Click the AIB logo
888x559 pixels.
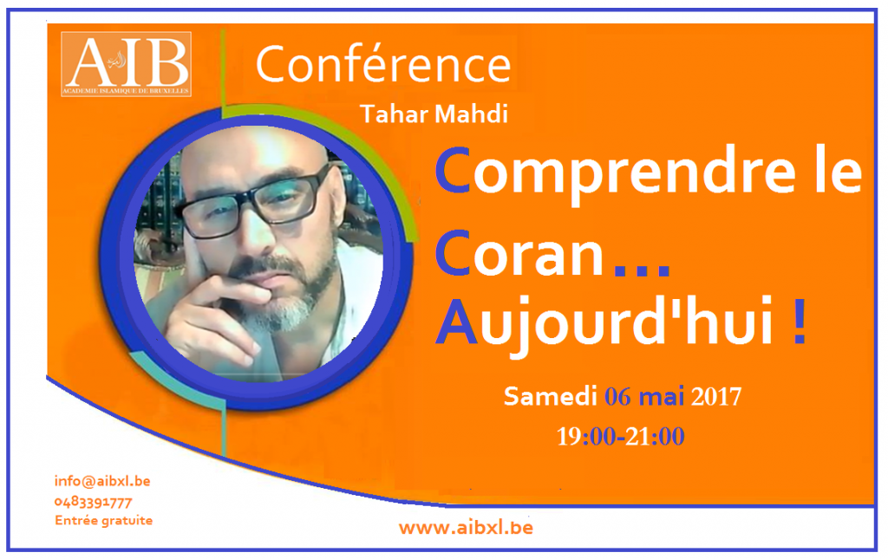[x=126, y=64]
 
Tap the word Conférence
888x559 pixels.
[x=383, y=64]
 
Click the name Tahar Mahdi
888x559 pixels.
[x=434, y=114]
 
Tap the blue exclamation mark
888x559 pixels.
[x=800, y=322]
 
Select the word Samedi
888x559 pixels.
[x=551, y=396]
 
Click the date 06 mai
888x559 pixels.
[x=644, y=397]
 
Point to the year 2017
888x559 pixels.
[x=716, y=397]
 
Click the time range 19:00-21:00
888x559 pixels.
[x=621, y=436]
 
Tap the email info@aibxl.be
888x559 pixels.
[x=102, y=482]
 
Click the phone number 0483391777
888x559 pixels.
[x=94, y=502]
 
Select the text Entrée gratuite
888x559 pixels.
[x=104, y=521]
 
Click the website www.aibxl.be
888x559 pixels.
[x=466, y=528]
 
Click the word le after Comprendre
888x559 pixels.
[x=839, y=170]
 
